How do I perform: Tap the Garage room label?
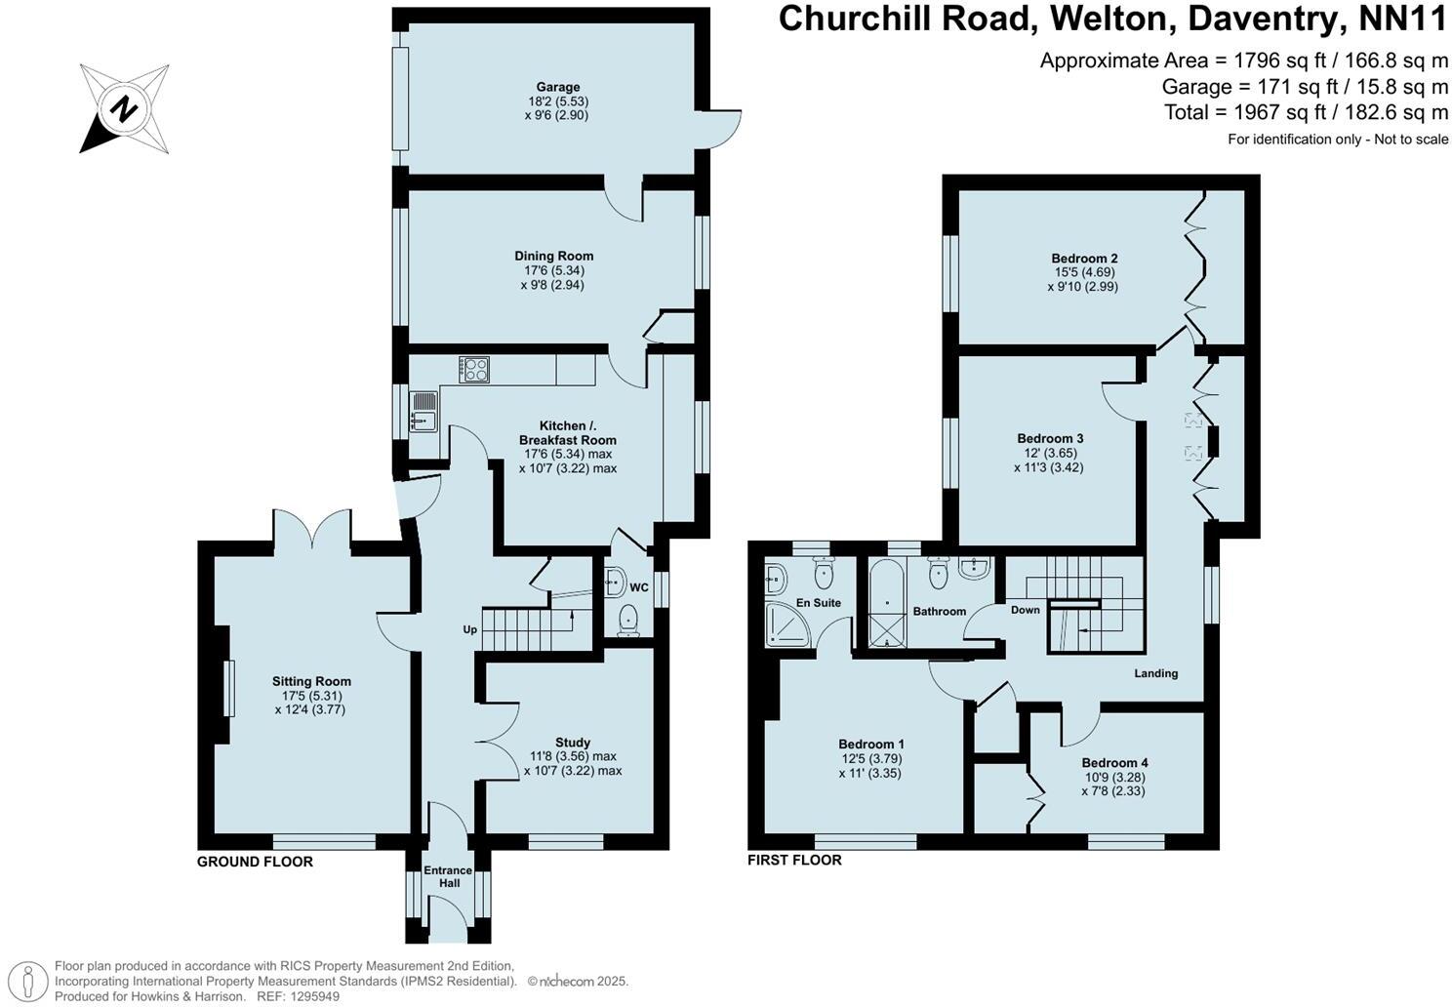[x=557, y=87]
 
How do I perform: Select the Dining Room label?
[x=553, y=256]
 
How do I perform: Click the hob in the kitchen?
[x=475, y=370]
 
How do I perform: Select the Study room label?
[x=573, y=743]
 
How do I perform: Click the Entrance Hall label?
[x=448, y=876]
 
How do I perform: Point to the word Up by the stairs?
[x=469, y=629]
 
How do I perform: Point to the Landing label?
[x=1155, y=673]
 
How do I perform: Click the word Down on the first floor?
[x=1025, y=610]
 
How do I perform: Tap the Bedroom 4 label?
[x=1114, y=763]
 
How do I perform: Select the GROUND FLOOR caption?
[x=255, y=862]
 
